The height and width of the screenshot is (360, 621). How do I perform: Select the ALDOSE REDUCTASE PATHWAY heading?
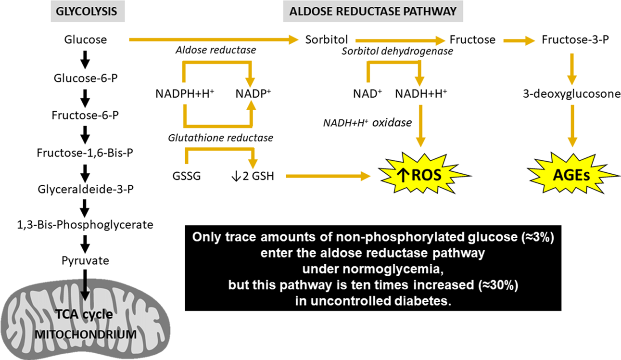pyautogui.click(x=370, y=12)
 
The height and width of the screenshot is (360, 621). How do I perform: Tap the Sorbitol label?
pyautogui.click(x=327, y=40)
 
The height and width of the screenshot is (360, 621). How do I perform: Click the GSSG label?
pyautogui.click(x=187, y=176)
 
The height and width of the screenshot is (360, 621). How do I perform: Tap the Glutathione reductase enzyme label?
pyautogui.click(x=221, y=138)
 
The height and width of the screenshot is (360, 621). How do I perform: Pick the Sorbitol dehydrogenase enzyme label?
pyautogui.click(x=397, y=51)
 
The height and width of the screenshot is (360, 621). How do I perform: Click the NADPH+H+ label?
pyautogui.click(x=185, y=94)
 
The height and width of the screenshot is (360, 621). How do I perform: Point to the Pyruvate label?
pyautogui.click(x=85, y=261)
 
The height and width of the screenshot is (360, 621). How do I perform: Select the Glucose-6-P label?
pyautogui.click(x=85, y=78)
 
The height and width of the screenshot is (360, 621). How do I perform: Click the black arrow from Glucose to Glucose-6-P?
pyautogui.click(x=85, y=59)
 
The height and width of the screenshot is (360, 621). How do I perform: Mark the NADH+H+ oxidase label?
pyautogui.click(x=368, y=122)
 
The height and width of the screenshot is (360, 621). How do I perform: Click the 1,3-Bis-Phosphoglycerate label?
pyautogui.click(x=85, y=224)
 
